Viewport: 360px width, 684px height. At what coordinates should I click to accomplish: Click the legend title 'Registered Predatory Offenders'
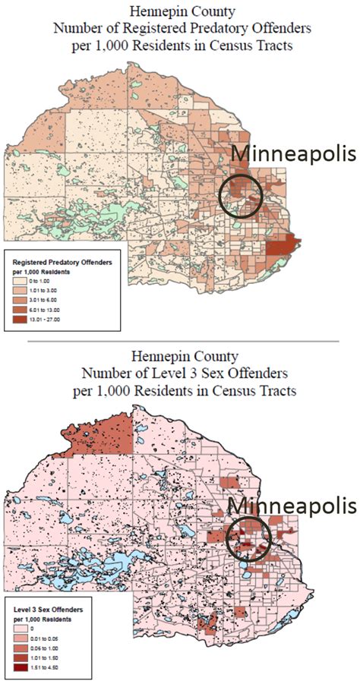click(x=62, y=262)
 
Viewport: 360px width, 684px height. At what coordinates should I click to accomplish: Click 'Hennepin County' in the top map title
click(x=180, y=11)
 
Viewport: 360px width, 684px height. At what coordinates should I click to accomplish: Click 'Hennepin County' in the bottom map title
click(x=180, y=355)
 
